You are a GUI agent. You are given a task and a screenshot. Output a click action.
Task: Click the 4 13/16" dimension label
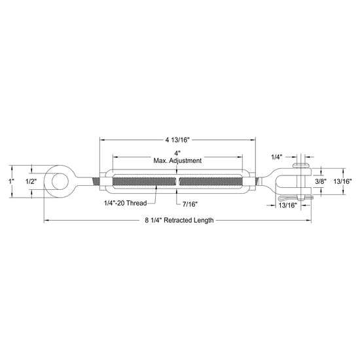[177, 140]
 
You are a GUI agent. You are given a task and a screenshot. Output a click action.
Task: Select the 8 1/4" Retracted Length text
[179, 220]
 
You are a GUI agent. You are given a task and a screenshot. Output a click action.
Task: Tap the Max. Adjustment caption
[177, 160]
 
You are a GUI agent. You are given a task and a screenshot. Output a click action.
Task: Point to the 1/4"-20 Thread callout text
[126, 203]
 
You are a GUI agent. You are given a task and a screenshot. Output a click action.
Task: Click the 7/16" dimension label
[190, 204]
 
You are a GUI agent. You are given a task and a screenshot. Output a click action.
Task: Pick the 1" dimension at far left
[11, 181]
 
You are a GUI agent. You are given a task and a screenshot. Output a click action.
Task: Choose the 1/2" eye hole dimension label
[31, 181]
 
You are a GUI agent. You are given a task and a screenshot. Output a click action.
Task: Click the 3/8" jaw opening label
[321, 181]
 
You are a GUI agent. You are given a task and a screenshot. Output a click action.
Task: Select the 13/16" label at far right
[342, 181]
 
